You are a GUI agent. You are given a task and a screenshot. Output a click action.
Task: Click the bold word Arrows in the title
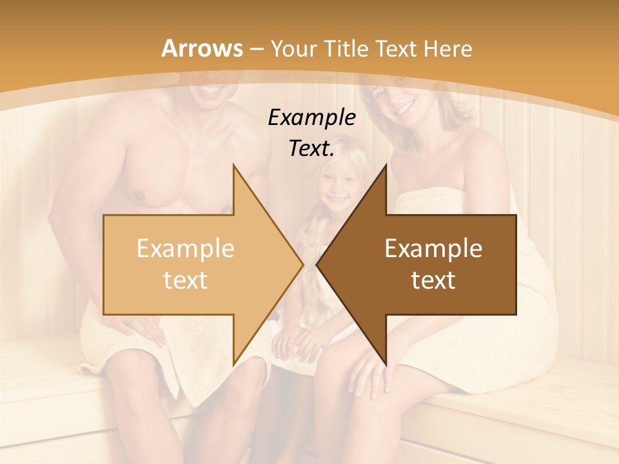202,48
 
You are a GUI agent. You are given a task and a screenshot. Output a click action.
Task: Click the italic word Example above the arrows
311,118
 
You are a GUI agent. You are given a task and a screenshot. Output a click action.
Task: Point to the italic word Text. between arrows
311,149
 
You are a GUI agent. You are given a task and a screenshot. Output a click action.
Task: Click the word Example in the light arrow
185,249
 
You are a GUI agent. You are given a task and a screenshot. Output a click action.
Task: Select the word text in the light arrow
185,280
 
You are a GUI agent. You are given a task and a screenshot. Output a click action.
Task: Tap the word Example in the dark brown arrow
433,249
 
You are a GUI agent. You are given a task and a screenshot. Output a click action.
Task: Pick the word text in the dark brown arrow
433,280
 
